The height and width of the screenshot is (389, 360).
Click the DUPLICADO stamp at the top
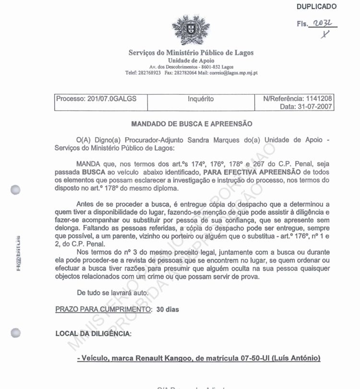tap(316, 7)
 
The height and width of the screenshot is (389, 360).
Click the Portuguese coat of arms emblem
tap(185, 29)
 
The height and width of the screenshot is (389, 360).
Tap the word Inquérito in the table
tap(201, 99)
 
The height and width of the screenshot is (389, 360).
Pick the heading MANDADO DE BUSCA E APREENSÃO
tap(192, 124)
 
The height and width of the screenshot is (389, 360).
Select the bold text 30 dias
tap(168, 309)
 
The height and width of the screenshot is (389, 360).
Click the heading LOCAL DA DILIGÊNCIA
tap(94, 333)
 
